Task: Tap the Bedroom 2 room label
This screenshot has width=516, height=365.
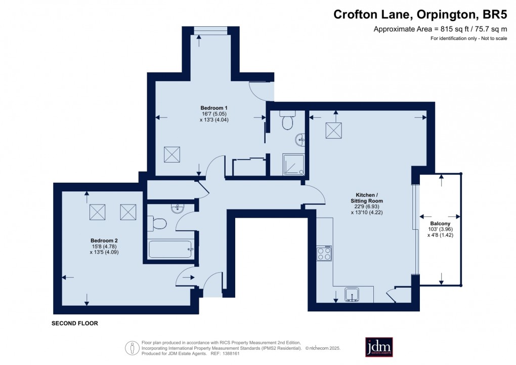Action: pos(104,240)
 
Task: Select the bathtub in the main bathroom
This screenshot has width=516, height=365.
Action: pos(170,249)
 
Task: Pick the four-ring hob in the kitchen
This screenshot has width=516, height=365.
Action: pos(324,253)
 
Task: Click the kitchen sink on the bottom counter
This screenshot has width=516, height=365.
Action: pos(352,294)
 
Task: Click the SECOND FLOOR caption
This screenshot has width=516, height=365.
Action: pos(74,323)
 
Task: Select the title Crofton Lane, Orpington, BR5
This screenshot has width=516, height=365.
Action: pos(420,15)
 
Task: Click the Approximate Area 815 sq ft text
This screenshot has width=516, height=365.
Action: pos(440,29)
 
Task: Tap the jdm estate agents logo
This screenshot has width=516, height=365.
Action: pos(379,347)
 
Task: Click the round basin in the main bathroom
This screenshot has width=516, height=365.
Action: pos(177,209)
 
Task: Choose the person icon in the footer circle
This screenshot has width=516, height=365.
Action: pos(133,348)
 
